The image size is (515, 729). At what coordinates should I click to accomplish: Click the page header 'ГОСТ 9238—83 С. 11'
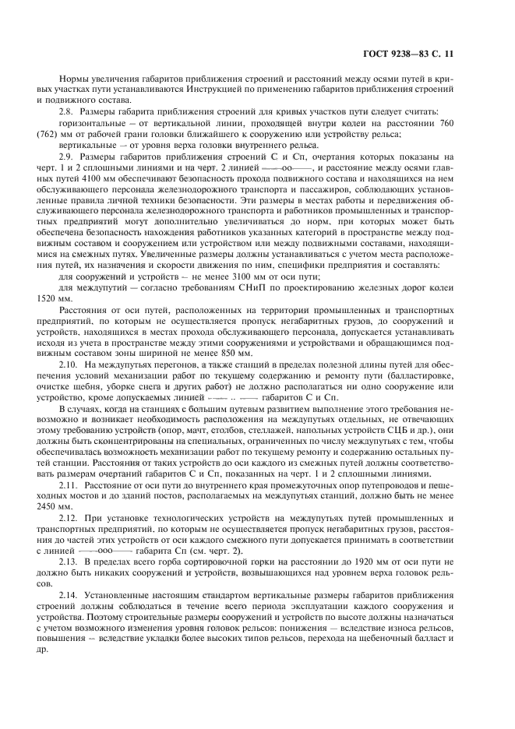click(x=419, y=53)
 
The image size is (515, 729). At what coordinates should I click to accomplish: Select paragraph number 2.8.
click(x=69, y=113)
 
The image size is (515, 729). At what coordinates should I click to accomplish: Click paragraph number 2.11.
click(x=70, y=485)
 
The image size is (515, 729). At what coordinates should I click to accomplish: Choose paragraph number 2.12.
click(x=70, y=518)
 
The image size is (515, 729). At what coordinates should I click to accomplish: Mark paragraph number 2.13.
click(x=70, y=562)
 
